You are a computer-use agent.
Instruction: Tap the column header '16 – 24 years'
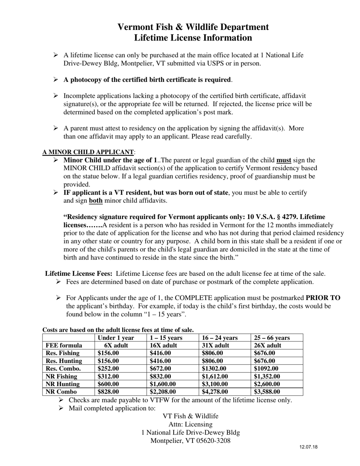click(220, 338)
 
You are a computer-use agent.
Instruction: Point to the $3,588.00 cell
click(267, 392)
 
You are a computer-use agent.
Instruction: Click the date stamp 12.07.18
click(308, 447)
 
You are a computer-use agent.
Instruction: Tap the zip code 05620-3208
click(211, 441)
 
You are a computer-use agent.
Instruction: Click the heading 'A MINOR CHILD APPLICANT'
click(88, 152)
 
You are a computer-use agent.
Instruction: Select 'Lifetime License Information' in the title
click(193, 38)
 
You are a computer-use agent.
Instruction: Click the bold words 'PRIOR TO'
click(323, 298)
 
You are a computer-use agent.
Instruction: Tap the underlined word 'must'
click(284, 160)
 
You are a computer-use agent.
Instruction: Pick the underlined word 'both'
click(95, 200)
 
